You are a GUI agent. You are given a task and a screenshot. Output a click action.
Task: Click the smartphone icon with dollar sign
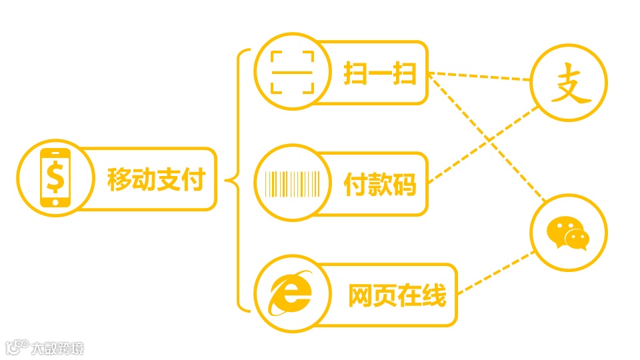55,178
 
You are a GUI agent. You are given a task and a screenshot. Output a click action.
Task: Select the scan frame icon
292,71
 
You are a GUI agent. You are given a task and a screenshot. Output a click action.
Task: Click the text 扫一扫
380,73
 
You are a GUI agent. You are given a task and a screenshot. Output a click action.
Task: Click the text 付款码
380,185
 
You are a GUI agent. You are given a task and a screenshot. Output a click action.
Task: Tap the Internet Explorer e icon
291,294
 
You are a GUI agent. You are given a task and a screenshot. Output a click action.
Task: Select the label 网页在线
397,295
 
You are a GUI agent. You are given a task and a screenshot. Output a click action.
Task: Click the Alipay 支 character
569,83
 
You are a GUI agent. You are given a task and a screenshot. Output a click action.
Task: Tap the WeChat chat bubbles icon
568,233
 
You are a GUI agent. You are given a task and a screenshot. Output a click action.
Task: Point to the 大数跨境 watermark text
58,348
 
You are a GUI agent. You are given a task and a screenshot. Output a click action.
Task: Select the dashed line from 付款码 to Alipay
483,143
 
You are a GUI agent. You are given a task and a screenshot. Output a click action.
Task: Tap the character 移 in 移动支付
120,179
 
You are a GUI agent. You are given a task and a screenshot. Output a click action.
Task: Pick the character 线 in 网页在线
433,295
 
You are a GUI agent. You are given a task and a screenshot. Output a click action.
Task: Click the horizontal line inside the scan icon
292,71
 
